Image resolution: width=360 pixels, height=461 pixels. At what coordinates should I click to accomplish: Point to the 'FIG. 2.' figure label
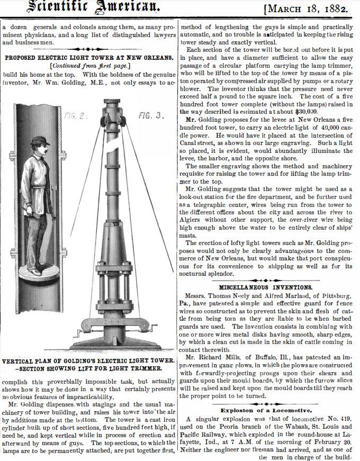75,115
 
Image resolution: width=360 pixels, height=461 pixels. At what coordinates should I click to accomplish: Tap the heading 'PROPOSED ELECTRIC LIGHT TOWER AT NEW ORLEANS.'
88,57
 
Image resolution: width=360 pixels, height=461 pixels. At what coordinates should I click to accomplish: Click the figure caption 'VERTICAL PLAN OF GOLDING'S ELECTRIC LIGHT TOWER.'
88,360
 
